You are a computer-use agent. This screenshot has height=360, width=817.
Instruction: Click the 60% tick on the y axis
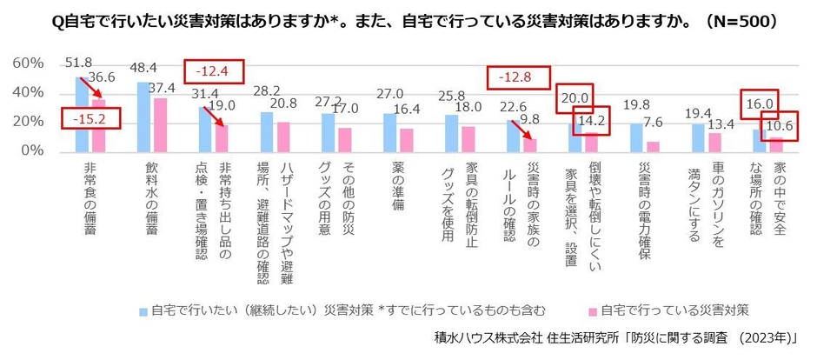[27, 64]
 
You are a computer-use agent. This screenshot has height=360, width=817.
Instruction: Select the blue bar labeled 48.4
[143, 117]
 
